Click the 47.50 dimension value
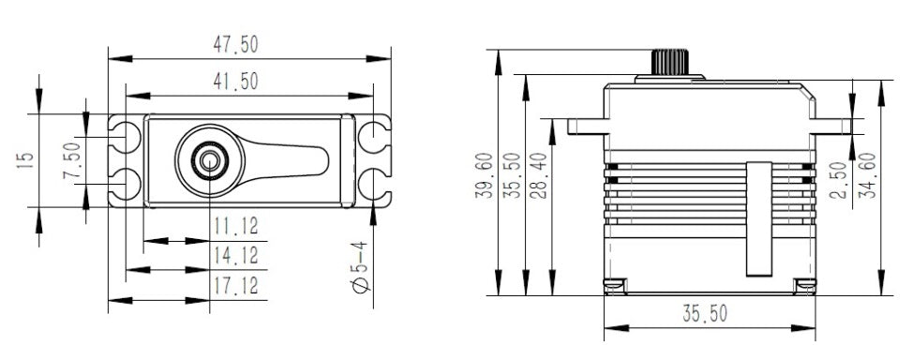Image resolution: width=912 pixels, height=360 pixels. click(236, 44)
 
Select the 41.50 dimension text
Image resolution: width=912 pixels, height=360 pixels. click(236, 82)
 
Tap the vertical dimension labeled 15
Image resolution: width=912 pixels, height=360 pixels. click(25, 160)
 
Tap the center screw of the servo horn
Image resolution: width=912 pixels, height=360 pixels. click(206, 159)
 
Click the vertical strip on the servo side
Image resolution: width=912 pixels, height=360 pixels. click(758, 218)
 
